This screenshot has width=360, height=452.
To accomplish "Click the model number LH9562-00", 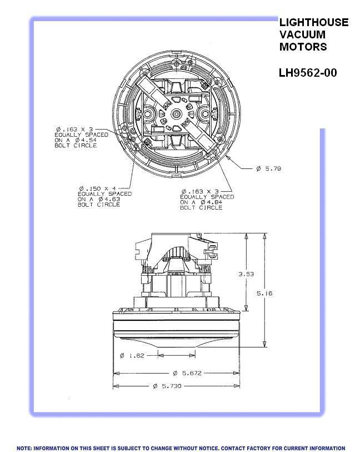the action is pyautogui.click(x=308, y=73).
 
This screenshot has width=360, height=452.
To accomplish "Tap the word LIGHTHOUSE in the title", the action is pyautogui.click(x=314, y=22).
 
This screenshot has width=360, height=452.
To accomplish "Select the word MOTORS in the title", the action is pyautogui.click(x=303, y=47).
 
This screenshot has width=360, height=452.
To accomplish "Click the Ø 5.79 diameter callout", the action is pyautogui.click(x=268, y=168).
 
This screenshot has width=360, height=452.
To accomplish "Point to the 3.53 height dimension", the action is pyautogui.click(x=246, y=274).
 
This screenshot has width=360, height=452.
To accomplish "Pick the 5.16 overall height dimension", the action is pyautogui.click(x=264, y=294).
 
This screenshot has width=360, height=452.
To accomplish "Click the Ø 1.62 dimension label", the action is pyautogui.click(x=132, y=355).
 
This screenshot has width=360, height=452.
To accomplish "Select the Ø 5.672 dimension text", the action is pyautogui.click(x=187, y=373).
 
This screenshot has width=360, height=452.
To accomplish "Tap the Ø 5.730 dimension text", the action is pyautogui.click(x=167, y=386).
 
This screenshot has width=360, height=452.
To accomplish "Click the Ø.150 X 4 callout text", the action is pyautogui.click(x=98, y=188).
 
